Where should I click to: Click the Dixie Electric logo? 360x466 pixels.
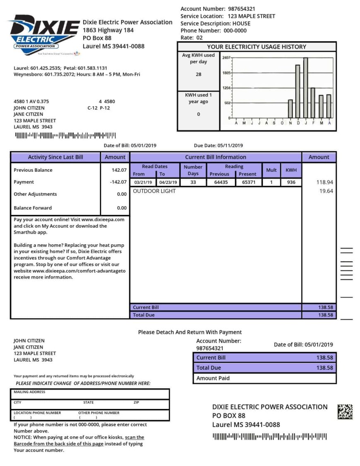(x=44, y=35)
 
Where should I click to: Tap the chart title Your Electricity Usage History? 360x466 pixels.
(x=257, y=47)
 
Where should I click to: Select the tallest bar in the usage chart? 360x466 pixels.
(x=305, y=88)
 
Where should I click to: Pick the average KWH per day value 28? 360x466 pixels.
(x=198, y=74)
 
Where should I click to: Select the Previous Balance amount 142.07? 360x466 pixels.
(x=119, y=170)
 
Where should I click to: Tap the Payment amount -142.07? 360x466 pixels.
(x=118, y=182)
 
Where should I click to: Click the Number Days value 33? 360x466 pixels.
(x=193, y=183)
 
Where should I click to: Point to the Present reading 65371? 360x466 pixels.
(x=249, y=183)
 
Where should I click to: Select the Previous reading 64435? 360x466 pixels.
(x=221, y=183)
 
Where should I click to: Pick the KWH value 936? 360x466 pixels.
(x=291, y=183)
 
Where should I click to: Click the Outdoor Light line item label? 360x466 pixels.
(x=154, y=191)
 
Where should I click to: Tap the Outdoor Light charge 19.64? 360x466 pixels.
(x=326, y=191)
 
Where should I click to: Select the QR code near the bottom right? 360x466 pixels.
(x=345, y=411)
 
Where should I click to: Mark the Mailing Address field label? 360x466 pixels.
(x=29, y=392)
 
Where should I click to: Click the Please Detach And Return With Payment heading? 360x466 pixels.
(x=190, y=332)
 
